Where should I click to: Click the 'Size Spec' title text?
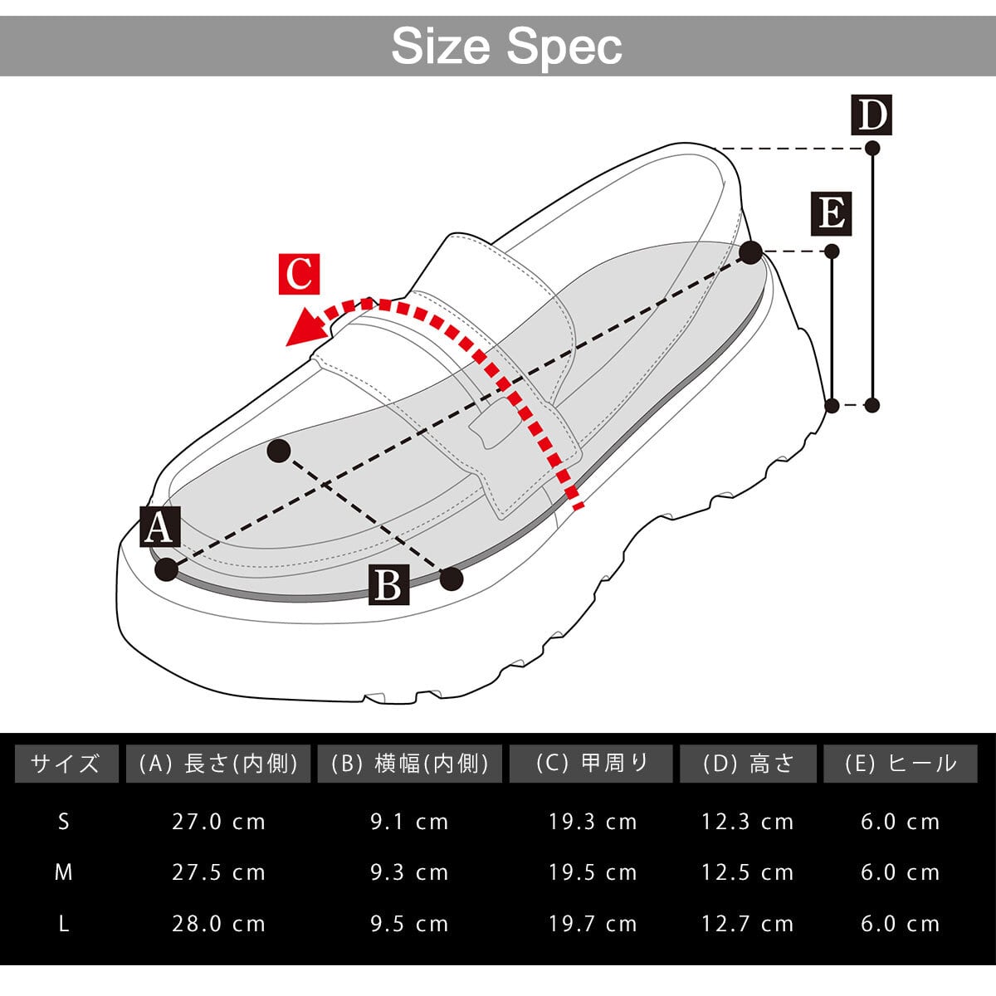click(506, 46)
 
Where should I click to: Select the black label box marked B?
click(388, 584)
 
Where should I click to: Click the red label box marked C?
click(299, 273)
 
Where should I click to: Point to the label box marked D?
click(871, 115)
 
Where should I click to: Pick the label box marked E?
click(831, 214)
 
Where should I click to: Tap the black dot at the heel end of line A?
click(750, 252)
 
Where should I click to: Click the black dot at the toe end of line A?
click(167, 569)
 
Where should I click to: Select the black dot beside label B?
click(451, 579)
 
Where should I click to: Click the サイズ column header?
click(65, 764)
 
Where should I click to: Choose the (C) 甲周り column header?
click(591, 764)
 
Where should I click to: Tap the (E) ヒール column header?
click(901, 764)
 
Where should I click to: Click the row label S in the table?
click(64, 822)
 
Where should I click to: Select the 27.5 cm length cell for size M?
click(218, 872)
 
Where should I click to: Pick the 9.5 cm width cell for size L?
click(409, 924)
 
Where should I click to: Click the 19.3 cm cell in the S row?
click(592, 822)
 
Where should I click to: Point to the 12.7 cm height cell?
click(747, 924)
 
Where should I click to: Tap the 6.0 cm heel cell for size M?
click(900, 872)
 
